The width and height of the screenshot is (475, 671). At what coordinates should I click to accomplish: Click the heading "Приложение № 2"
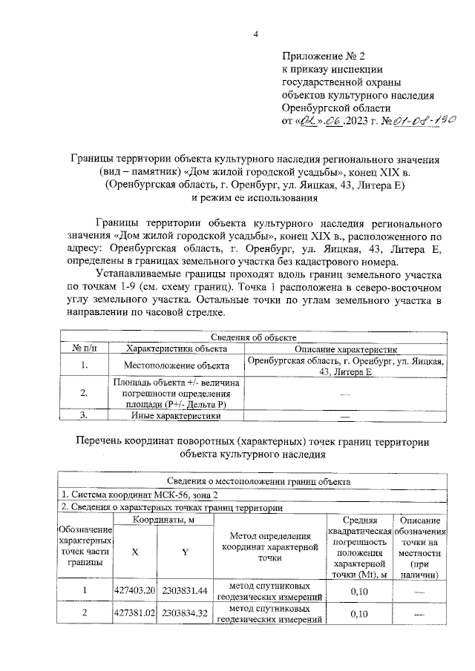click(x=324, y=56)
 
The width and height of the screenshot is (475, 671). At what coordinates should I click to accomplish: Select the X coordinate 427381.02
click(x=134, y=613)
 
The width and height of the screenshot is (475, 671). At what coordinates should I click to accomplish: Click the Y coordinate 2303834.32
click(x=183, y=613)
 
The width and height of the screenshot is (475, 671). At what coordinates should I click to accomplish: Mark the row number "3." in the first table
click(x=85, y=416)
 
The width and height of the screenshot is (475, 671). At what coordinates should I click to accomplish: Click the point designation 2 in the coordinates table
click(x=85, y=613)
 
